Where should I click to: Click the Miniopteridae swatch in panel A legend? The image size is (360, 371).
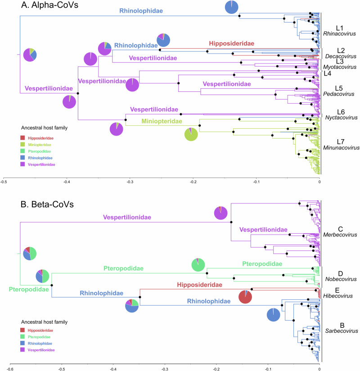pos(23,145)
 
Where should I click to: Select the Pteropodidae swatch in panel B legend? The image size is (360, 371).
pos(23,337)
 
